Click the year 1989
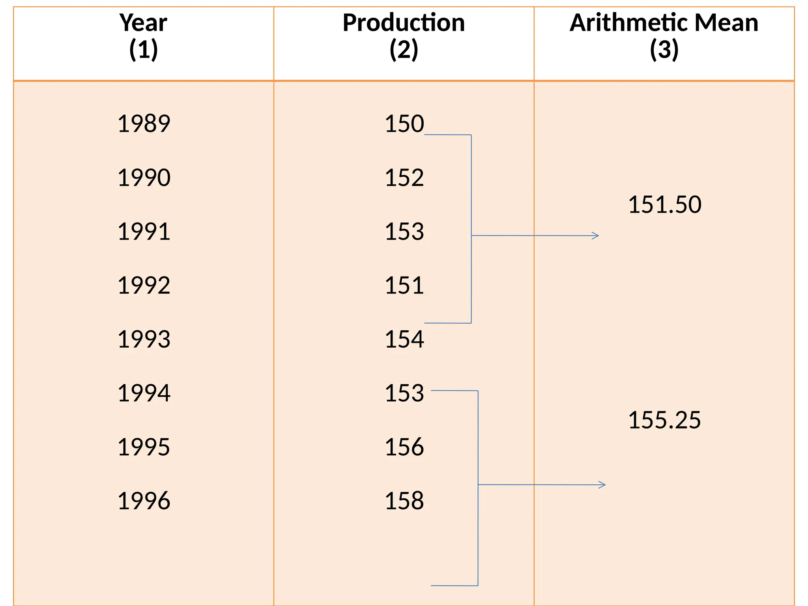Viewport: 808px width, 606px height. pos(144,123)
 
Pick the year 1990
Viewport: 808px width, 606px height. pos(144,178)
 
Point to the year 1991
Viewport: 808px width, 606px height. pos(144,232)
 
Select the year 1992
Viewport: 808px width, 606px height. pos(144,285)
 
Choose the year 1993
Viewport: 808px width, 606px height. pos(144,339)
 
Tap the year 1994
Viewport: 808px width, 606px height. pos(144,393)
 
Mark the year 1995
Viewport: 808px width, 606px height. pos(144,447)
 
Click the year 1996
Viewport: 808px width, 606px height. pos(144,501)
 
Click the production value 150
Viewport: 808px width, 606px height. pos(404,123)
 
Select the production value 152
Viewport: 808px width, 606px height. pos(404,178)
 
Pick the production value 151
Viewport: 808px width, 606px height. pos(404,285)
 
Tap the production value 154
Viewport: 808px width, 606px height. pos(404,339)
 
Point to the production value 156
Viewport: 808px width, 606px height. pos(404,447)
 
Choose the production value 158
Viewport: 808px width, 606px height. pos(404,501)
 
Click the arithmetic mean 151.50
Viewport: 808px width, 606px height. pos(664,205)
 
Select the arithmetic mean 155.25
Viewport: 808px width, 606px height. pos(664,420)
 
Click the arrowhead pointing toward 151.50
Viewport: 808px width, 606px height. pos(596,236)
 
